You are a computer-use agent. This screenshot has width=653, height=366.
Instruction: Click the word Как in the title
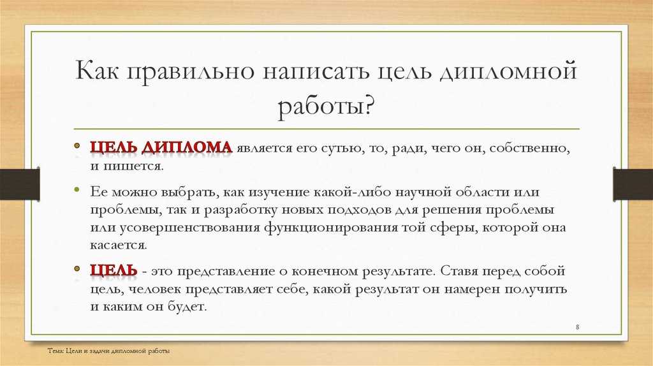click(98, 70)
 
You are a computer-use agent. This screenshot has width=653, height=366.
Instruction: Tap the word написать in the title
click(316, 71)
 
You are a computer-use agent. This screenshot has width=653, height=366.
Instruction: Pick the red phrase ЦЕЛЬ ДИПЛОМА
click(161, 148)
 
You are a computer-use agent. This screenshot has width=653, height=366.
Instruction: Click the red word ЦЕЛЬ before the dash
click(114, 270)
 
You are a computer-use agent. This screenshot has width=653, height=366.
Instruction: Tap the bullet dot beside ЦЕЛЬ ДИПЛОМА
click(77, 146)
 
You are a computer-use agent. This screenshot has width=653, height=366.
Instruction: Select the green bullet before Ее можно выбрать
click(77, 190)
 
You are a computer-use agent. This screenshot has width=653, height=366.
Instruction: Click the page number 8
click(577, 327)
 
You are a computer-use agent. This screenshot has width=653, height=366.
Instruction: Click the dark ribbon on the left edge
click(20, 184)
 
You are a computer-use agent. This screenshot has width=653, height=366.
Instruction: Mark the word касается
click(119, 245)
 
